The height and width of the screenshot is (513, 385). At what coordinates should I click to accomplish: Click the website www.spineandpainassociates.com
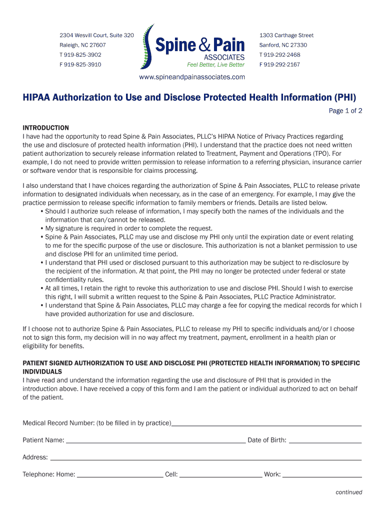point(192,77)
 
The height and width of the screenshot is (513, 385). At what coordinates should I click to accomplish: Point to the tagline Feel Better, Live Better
point(215,65)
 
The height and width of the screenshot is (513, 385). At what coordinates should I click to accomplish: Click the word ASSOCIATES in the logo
point(224,57)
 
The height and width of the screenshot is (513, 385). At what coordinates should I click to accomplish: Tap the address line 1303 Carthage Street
point(286,36)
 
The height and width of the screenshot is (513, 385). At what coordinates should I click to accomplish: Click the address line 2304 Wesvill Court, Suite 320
point(96,36)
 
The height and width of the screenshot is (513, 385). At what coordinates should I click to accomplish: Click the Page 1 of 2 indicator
point(345,111)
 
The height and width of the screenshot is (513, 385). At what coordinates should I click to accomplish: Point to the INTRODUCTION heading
point(45,128)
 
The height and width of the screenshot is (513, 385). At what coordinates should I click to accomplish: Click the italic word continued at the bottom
point(348,492)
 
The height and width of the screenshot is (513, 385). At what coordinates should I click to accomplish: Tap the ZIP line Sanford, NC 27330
point(283,45)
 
